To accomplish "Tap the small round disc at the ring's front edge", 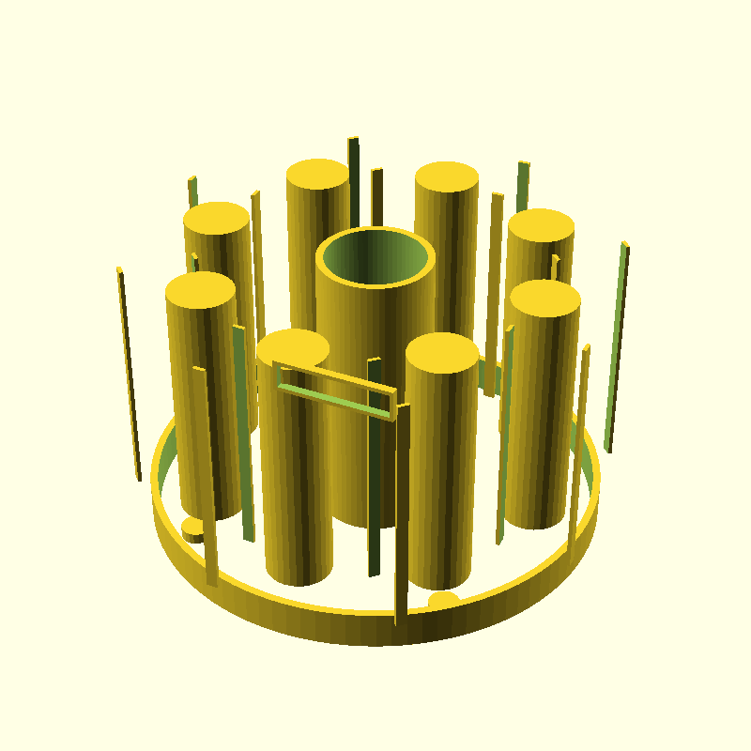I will (443, 599).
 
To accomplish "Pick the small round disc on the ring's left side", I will (193, 529).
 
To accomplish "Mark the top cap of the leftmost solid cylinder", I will (200, 288).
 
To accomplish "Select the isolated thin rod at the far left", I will (130, 375).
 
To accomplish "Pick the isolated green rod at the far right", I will (616, 347).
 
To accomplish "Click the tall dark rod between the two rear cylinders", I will (353, 178).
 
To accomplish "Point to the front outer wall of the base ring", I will (375, 629).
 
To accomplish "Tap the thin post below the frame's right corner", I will (402, 516).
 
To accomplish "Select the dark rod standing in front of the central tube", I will (375, 469).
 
